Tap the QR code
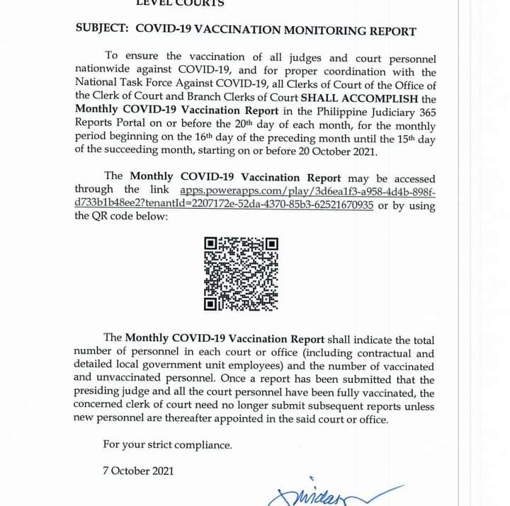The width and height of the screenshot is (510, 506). coord(241,274)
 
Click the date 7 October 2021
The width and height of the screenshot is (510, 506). coord(138,471)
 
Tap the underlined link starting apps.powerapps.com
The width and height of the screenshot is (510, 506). coord(307,190)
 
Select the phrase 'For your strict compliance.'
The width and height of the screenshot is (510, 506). coord(167,445)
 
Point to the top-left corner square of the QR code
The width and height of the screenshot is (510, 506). coord(210,244)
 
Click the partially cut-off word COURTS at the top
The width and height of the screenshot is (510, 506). coord(200,4)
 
